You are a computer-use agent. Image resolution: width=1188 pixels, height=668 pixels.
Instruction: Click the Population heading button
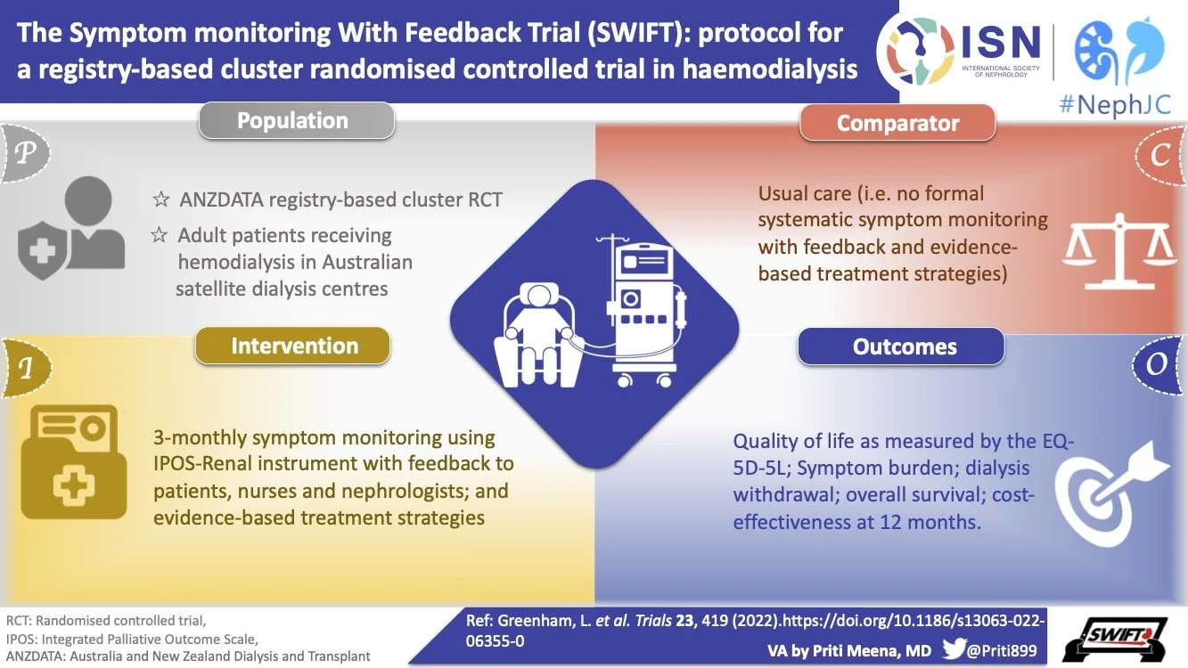pos(296,121)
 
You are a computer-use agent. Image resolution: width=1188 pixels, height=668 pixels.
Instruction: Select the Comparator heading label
pos(897,124)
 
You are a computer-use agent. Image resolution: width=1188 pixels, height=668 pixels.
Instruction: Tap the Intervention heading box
pos(293,346)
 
